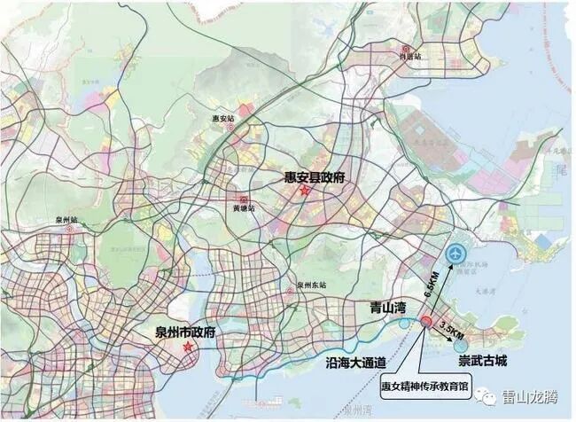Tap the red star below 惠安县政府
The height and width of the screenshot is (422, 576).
coord(304,191)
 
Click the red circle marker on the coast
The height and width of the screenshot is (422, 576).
coord(426,322)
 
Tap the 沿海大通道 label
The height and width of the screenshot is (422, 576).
coord(356,362)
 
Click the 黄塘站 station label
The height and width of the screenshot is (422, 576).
coord(243,208)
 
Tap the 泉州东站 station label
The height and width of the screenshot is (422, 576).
coord(312,285)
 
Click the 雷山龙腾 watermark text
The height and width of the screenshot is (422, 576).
coord(530,397)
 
